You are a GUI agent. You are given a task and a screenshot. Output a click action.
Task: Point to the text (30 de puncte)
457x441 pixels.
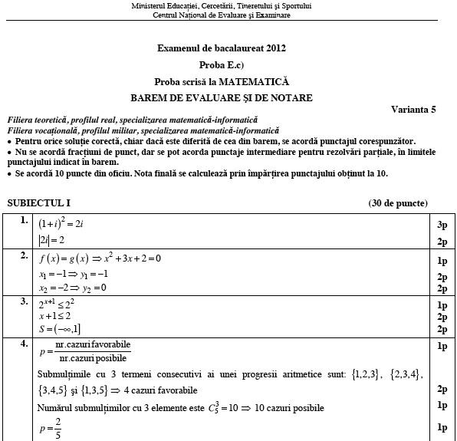click(397, 203)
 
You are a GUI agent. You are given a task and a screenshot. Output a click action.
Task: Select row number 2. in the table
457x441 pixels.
click(25, 255)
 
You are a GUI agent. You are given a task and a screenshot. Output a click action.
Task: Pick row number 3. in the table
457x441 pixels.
click(25, 301)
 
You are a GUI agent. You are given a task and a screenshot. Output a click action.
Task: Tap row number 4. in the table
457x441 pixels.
click(25, 344)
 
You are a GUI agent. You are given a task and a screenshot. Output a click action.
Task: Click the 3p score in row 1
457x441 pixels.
click(442, 225)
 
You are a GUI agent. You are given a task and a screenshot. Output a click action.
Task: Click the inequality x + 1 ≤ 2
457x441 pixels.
click(54, 316)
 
